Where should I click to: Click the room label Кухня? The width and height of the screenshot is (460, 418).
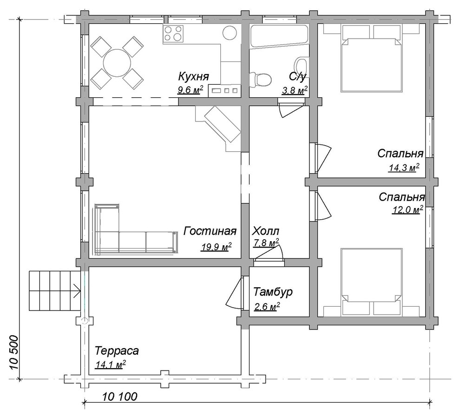(194, 76)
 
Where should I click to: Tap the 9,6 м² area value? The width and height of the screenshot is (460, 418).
(190, 90)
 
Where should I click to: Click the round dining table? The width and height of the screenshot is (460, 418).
(117, 63)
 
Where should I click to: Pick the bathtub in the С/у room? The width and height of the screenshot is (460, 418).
(279, 36)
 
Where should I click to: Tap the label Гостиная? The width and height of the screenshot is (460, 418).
(210, 231)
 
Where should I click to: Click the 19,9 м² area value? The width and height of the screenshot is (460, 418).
(217, 247)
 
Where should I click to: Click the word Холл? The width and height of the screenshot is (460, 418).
(266, 231)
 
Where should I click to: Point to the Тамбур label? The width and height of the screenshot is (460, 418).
(273, 292)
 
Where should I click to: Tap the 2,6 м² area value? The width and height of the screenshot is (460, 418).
(267, 307)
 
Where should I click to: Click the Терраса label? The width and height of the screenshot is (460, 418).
(117, 351)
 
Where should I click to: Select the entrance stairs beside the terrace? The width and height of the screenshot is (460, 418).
(55, 290)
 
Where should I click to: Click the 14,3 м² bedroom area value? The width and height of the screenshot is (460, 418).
(404, 168)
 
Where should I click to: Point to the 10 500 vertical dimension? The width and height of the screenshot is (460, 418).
(13, 353)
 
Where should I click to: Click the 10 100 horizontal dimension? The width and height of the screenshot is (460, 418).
(120, 397)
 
